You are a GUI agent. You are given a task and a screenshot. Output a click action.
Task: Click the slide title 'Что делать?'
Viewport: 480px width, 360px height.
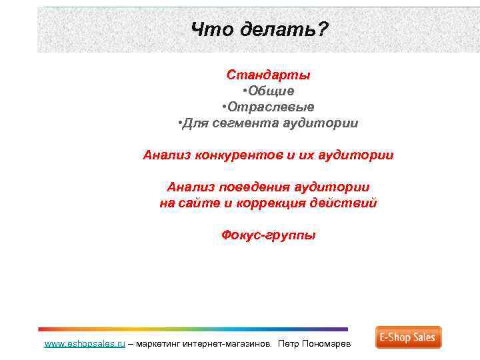click(259, 29)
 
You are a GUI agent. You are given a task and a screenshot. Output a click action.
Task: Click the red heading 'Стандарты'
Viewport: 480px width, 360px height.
click(268, 75)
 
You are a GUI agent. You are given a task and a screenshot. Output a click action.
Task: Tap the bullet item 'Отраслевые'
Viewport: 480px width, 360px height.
click(268, 107)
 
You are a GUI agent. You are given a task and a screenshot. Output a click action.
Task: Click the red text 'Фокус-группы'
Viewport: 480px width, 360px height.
click(268, 235)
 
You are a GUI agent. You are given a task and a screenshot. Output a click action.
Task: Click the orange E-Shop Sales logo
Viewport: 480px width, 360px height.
click(408, 337)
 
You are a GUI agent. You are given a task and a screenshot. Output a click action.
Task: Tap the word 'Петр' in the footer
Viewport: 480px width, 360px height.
click(289, 344)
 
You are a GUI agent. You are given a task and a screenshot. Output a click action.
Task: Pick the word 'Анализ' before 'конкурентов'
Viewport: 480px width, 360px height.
click(167, 155)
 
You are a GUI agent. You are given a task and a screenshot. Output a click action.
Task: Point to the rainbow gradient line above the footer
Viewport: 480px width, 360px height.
click(193, 329)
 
